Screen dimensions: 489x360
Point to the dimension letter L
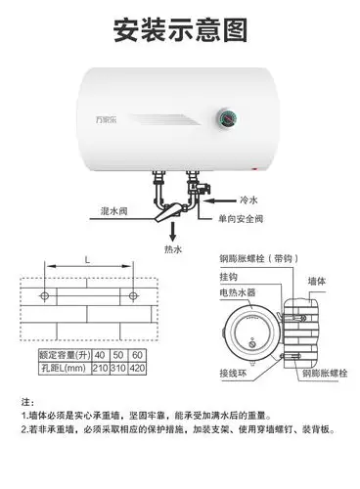tap(88, 260)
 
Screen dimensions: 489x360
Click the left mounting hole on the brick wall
tap(43, 295)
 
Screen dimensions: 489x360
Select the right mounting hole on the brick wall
tap(134, 295)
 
